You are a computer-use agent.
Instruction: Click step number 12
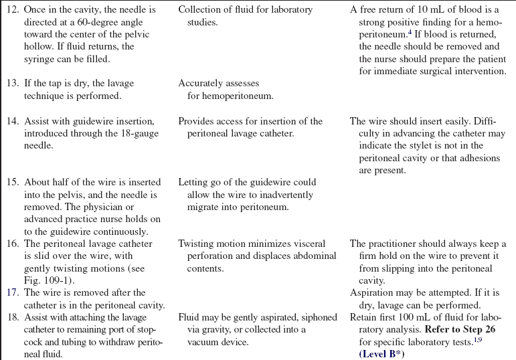[12, 10]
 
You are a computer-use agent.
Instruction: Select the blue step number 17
[12, 292]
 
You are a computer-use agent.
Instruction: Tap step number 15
[12, 182]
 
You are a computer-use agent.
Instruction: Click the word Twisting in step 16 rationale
[197, 244]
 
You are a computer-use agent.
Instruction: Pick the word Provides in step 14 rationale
[197, 121]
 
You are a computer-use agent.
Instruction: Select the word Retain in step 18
[364, 317]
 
